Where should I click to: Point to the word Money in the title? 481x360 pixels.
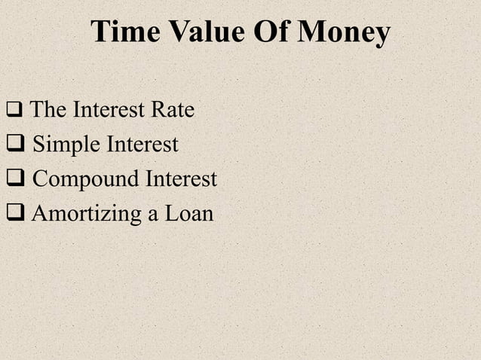tap(345, 32)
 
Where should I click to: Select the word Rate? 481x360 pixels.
tap(173, 111)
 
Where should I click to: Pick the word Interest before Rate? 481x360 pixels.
tap(109, 111)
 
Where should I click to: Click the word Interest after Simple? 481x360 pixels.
tap(141, 143)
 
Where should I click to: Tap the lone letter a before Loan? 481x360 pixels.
tap(153, 215)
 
